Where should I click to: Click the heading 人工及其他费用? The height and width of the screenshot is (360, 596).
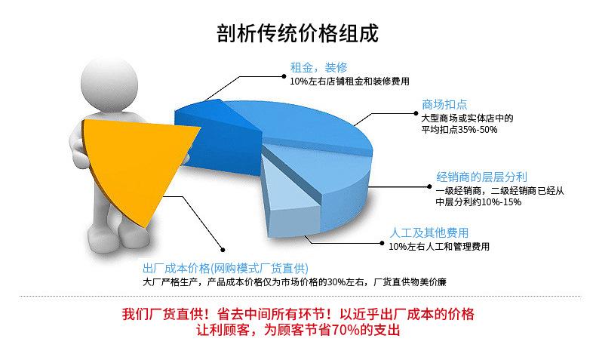tap(429, 232)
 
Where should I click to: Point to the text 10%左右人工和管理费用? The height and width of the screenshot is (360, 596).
tap(439, 246)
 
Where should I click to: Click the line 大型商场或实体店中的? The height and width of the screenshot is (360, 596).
tap(466, 118)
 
